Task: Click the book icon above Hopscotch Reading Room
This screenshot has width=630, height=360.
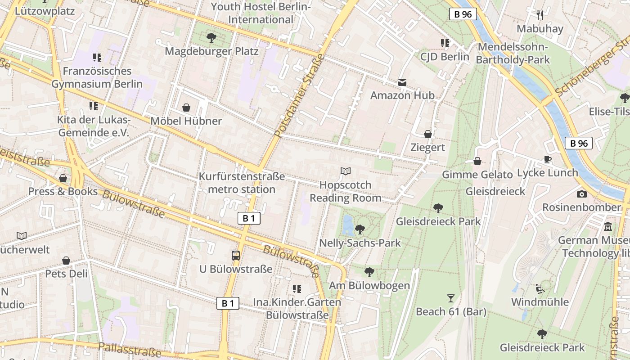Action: point(345,171)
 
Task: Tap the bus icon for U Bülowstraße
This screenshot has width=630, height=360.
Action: point(236,256)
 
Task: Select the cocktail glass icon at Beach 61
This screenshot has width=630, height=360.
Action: point(450,298)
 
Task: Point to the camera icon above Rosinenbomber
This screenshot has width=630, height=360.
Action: point(582,194)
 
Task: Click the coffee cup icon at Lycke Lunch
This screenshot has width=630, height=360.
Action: point(548,159)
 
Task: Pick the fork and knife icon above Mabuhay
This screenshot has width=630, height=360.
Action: point(540,15)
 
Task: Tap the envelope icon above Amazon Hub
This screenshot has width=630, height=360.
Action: point(402,82)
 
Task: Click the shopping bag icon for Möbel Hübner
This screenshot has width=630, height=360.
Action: point(186,108)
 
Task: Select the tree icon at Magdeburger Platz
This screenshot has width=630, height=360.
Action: point(211,38)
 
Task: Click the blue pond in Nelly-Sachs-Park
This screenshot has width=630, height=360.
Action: point(347,225)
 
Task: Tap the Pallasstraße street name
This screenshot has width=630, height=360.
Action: point(129,349)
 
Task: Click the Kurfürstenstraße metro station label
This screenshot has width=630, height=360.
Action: point(242,183)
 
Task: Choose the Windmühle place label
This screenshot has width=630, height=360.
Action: point(540,301)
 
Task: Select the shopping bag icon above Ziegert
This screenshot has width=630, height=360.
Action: point(427,134)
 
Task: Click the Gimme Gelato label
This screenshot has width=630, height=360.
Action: point(477,175)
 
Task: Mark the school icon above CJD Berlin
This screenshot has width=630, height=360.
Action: point(445,43)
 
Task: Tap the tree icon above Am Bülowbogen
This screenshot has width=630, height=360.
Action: point(369,272)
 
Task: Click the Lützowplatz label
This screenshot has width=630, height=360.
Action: point(45,11)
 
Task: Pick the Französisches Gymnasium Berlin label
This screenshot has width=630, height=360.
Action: point(97,77)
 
